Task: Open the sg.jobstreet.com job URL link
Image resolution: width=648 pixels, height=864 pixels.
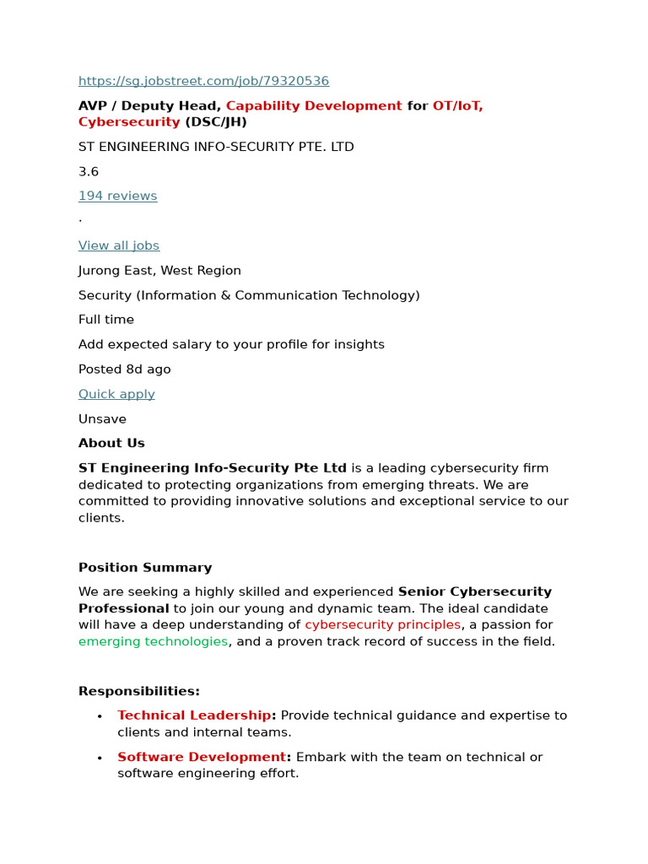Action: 203,81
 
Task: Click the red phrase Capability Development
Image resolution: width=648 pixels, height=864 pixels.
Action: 314,105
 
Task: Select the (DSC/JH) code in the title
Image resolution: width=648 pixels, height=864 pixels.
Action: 215,121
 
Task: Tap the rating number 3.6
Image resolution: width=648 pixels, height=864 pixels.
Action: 89,171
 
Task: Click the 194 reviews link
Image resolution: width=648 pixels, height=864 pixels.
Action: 117,196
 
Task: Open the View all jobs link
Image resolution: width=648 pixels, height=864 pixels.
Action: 119,246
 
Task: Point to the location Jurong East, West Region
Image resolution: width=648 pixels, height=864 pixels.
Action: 159,270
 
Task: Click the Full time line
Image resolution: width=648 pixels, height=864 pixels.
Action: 106,320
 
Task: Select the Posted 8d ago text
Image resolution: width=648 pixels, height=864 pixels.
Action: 124,369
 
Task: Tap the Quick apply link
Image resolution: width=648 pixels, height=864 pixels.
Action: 116,394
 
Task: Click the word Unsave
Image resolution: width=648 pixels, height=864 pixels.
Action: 102,418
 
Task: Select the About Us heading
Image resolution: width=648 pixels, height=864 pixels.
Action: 111,443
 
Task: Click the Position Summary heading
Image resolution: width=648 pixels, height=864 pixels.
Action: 145,567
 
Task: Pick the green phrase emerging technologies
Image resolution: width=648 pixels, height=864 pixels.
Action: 153,641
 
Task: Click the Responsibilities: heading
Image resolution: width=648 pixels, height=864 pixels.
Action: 139,691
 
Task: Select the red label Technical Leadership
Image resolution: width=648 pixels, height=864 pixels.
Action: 194,715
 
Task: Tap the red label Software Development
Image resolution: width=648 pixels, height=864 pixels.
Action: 202,757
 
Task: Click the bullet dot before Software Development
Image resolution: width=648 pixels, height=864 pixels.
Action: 100,758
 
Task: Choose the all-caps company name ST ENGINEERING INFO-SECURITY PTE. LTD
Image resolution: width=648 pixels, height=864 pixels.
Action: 216,147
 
